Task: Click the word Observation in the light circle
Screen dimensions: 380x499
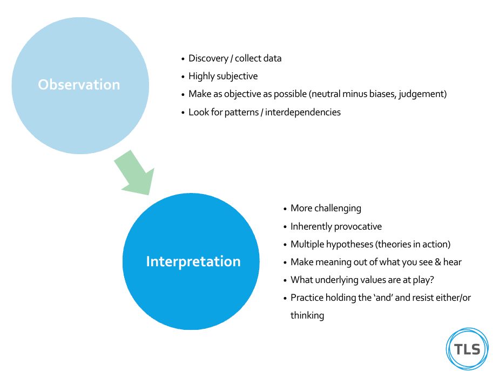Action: tap(79, 85)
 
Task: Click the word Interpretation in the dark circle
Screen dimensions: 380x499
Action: tap(193, 261)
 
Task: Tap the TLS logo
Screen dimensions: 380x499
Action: tap(467, 349)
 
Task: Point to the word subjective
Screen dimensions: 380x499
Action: tap(238, 77)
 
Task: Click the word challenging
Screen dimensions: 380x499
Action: tap(338, 208)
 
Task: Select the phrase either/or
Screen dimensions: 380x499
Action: tap(453, 298)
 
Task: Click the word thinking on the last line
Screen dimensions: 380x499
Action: tap(307, 316)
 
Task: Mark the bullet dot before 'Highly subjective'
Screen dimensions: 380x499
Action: tap(184, 77)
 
